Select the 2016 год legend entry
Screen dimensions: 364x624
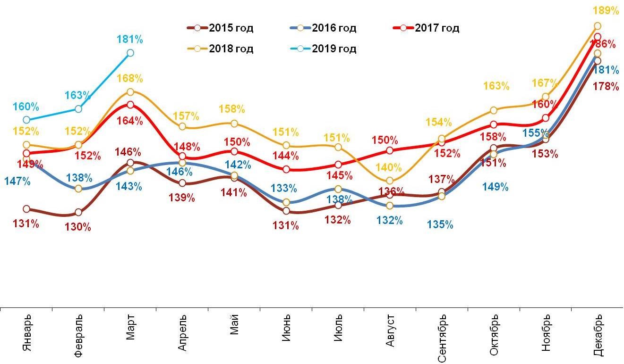tap(323, 28)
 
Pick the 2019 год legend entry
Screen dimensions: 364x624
tap(323, 49)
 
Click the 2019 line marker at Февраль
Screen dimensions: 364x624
tap(78, 109)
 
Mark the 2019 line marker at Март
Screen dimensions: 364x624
tap(130, 53)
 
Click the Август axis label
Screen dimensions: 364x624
tap(390, 332)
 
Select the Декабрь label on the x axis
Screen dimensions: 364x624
tap(598, 336)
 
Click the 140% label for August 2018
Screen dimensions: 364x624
tap(389, 167)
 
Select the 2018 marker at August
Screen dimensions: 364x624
tap(390, 181)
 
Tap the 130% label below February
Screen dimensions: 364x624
tap(78, 227)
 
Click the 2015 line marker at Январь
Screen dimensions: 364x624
tap(26, 209)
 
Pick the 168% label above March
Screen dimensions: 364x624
tap(130, 78)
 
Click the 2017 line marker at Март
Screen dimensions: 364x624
tap(130, 105)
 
